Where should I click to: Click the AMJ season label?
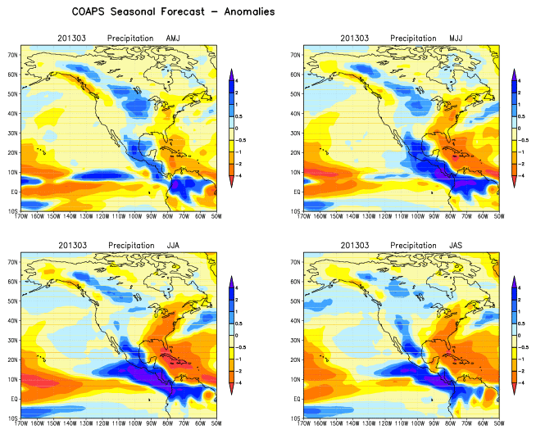click(x=174, y=38)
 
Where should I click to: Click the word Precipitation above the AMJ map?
click(x=132, y=38)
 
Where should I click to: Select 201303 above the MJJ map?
click(x=355, y=38)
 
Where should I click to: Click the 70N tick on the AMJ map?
click(x=13, y=55)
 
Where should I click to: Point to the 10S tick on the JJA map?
click(x=13, y=418)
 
